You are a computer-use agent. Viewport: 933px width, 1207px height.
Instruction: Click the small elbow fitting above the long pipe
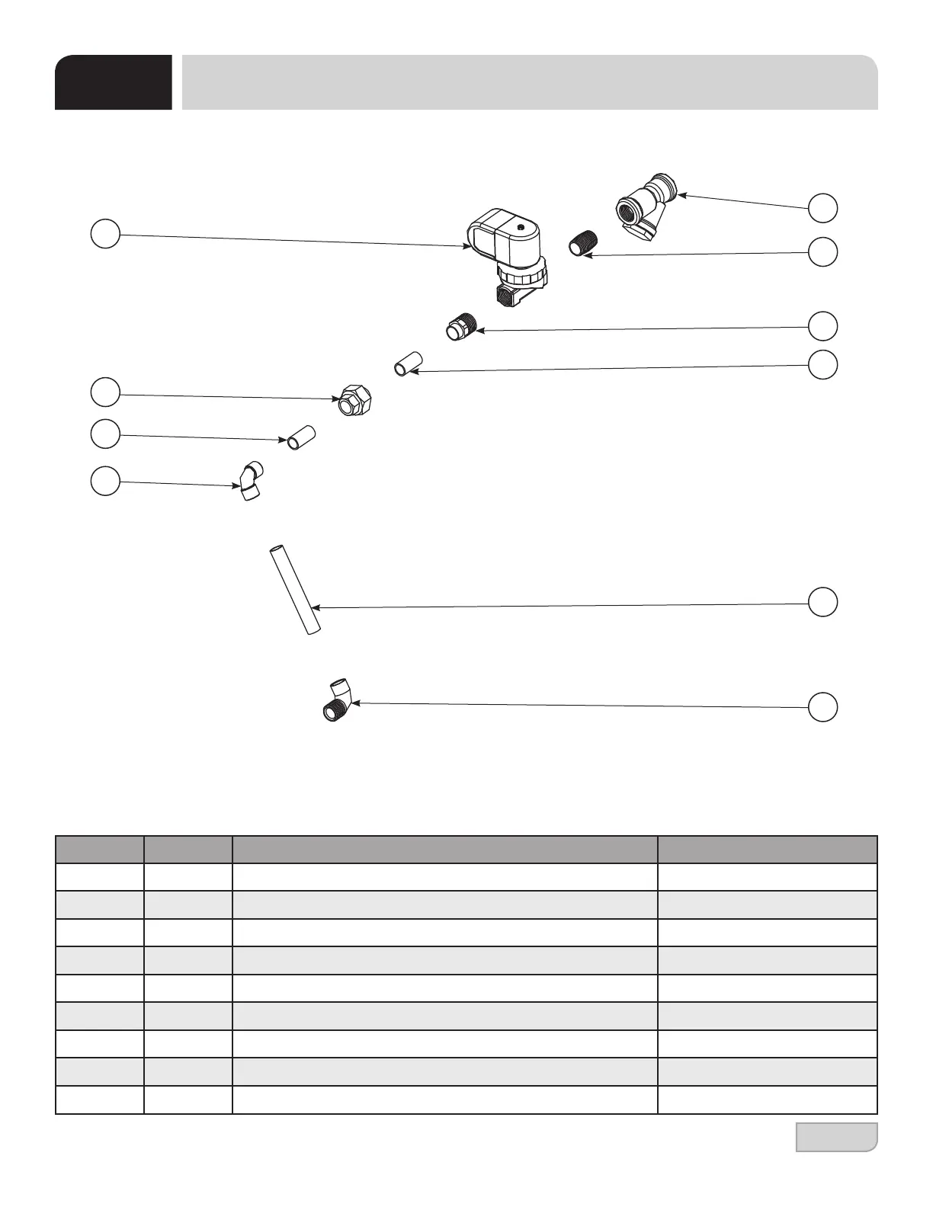(249, 482)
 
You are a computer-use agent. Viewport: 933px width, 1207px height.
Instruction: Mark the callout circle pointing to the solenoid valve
(105, 233)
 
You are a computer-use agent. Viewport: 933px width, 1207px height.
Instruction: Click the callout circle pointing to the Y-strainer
(822, 208)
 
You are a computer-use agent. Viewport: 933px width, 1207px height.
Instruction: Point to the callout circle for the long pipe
(822, 601)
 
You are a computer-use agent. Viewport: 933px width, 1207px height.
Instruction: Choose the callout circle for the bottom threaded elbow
(822, 706)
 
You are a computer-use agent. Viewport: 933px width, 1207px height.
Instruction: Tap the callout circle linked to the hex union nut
(105, 392)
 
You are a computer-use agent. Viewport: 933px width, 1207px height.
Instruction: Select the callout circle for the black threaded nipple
(822, 251)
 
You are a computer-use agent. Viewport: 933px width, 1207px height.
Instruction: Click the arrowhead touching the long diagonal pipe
(315, 607)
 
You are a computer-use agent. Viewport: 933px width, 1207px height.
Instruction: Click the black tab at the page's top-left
(113, 82)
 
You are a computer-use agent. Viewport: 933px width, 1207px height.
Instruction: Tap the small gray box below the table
(836, 1136)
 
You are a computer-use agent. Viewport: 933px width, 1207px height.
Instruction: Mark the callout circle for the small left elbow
(105, 481)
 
